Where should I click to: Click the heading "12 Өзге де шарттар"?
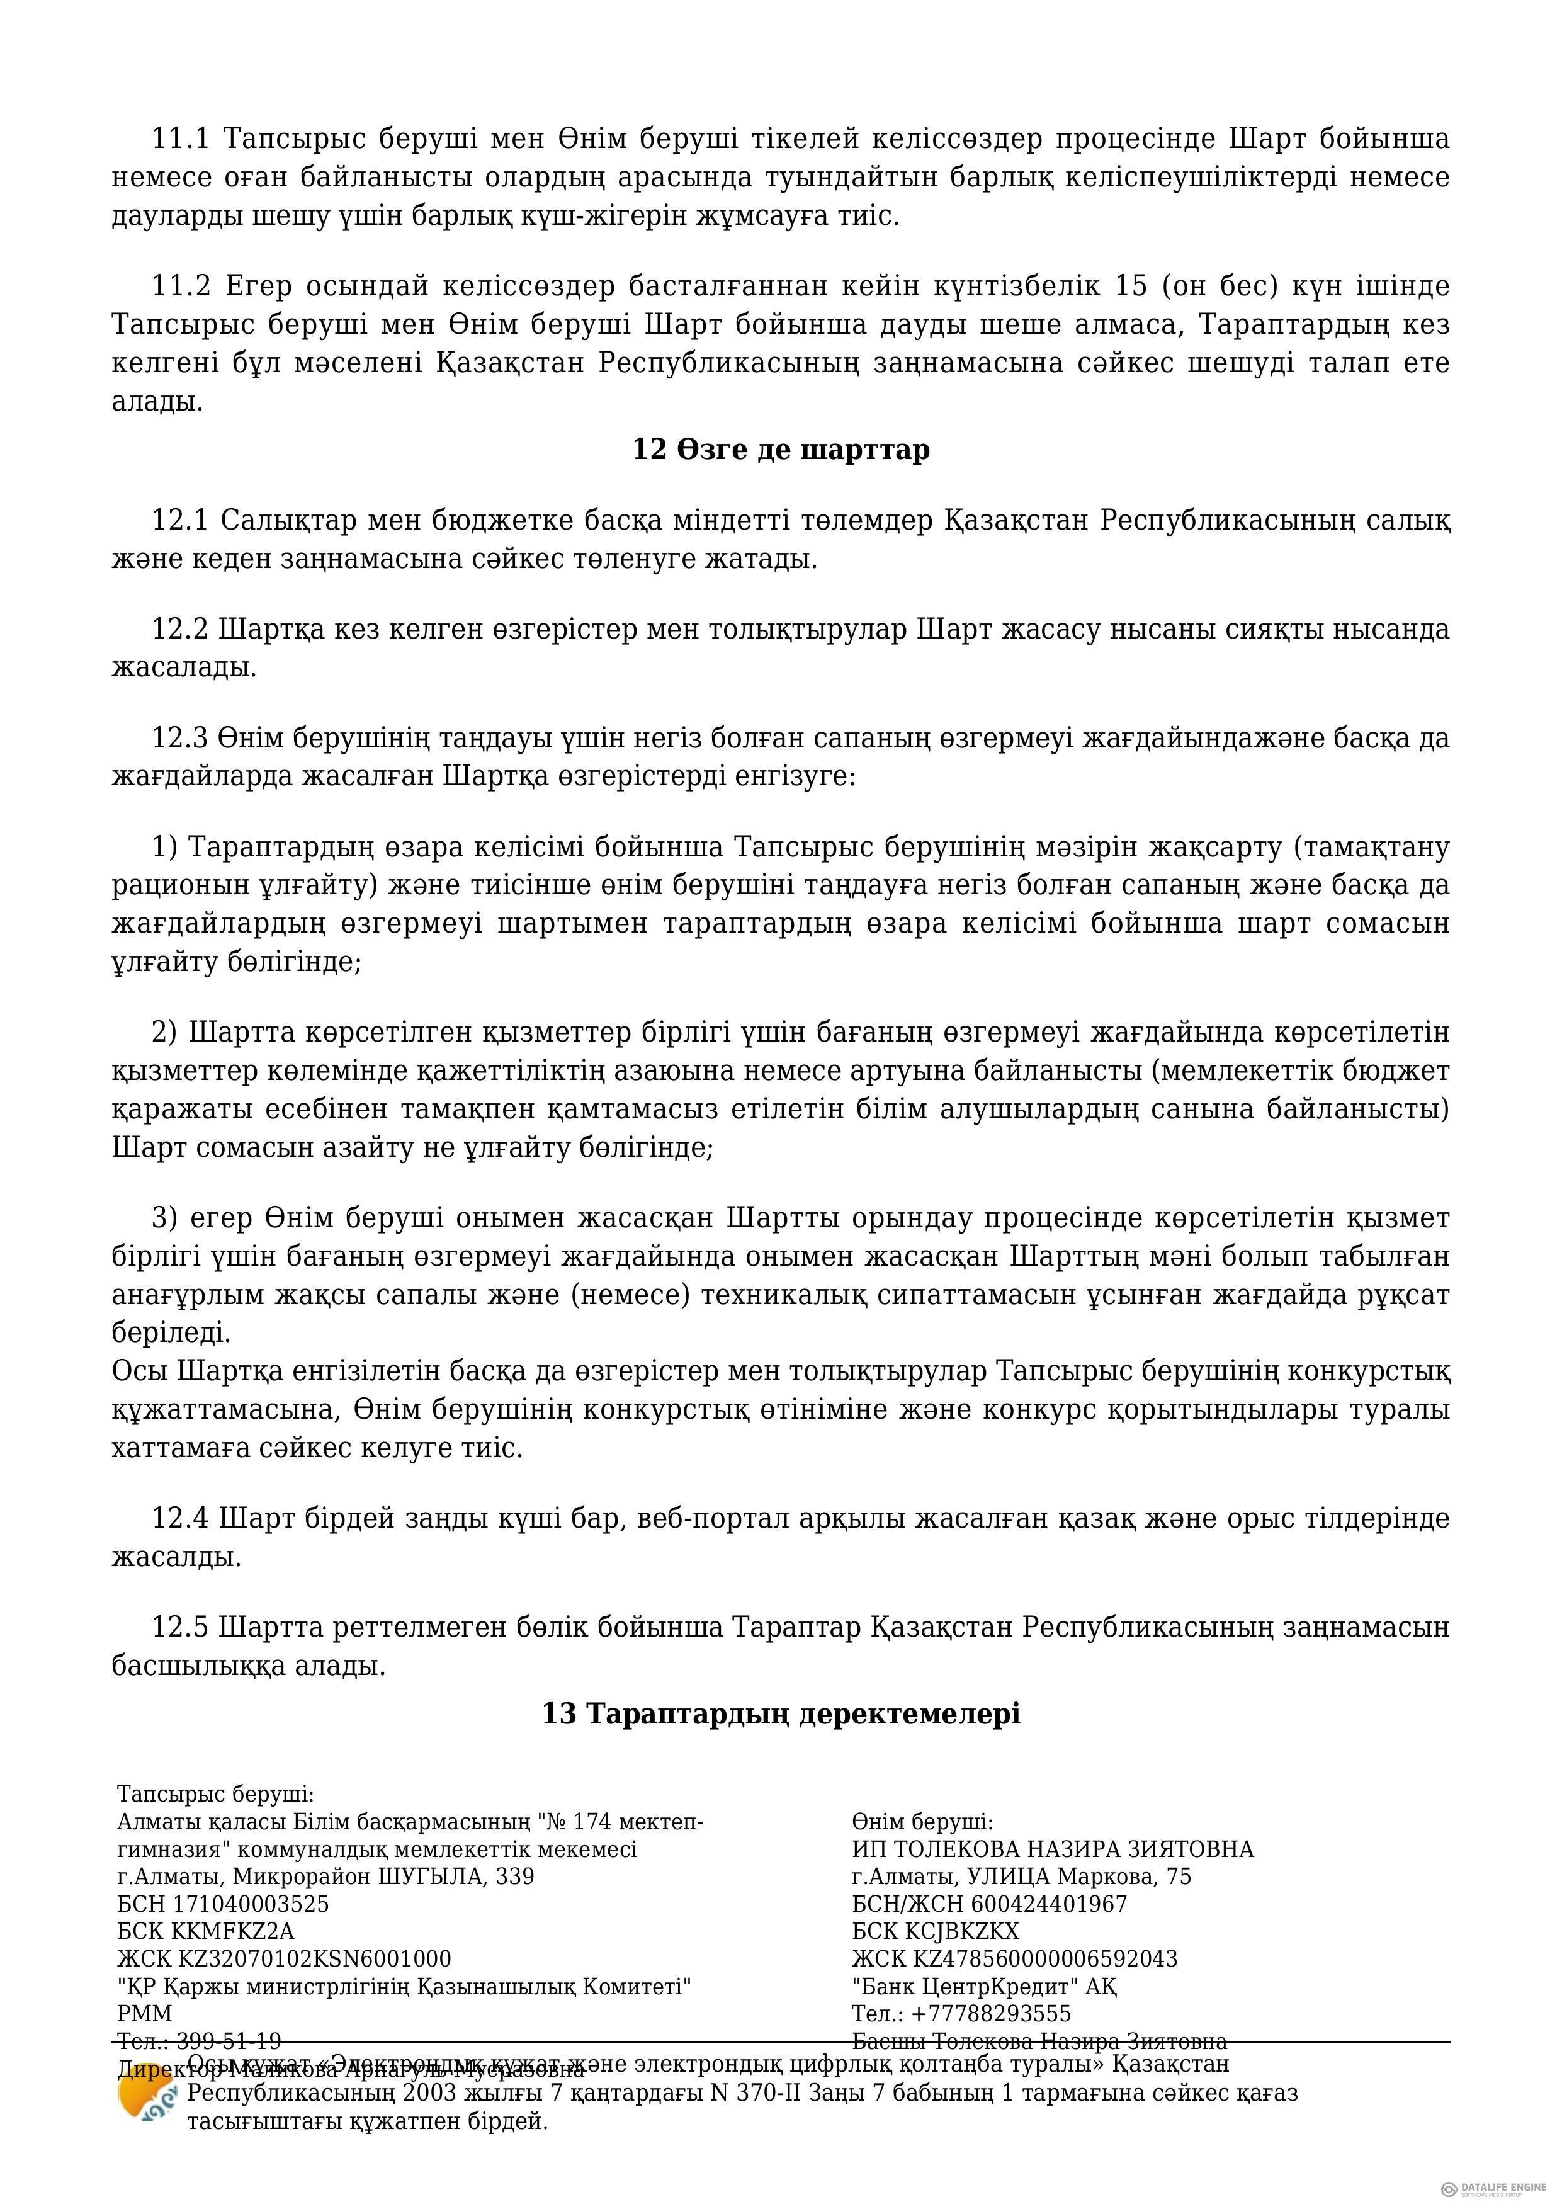click(781, 450)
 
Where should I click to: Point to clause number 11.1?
click(181, 140)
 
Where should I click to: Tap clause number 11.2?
click(181, 287)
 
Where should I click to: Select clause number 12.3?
click(180, 738)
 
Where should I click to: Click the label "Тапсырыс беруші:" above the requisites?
click(215, 1793)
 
